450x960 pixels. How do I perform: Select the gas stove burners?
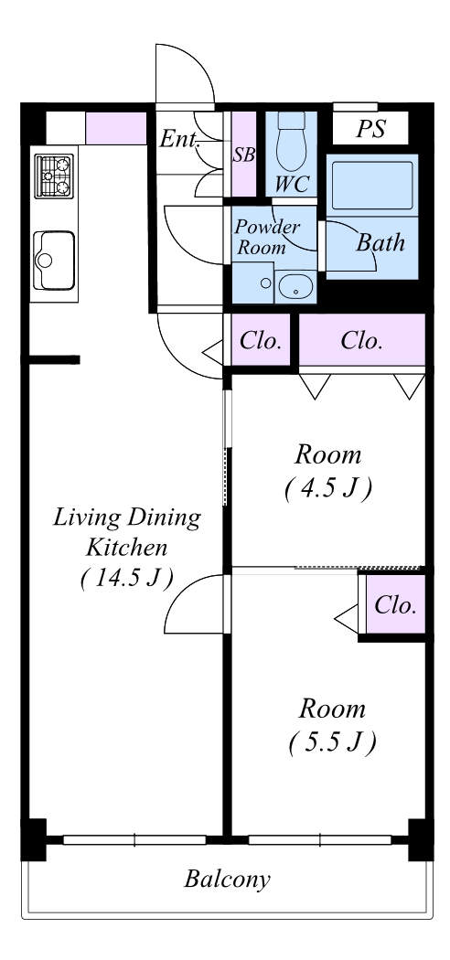pos(54,176)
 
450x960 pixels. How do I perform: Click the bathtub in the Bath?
pos(371,186)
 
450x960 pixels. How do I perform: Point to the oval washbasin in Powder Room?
pos(295,287)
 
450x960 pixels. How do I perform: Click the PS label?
pos(371,129)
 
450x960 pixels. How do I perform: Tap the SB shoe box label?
pos(243,155)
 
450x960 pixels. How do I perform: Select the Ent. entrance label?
pos(179,139)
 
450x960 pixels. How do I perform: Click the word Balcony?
pos(227,880)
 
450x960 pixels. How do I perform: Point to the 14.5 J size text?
pos(126,578)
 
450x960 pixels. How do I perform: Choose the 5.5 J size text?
pos(331,742)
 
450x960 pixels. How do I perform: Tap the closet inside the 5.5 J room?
pos(395,604)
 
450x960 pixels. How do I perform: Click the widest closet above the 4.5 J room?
pos(362,340)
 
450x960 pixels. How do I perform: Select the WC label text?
pos(292,184)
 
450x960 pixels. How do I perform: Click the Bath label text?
pos(380,243)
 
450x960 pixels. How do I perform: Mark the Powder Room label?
pos(266,237)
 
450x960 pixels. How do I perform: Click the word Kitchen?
pos(126,547)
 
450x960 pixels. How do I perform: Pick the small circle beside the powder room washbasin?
pos(266,283)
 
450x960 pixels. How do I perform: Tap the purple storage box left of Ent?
pos(116,129)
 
